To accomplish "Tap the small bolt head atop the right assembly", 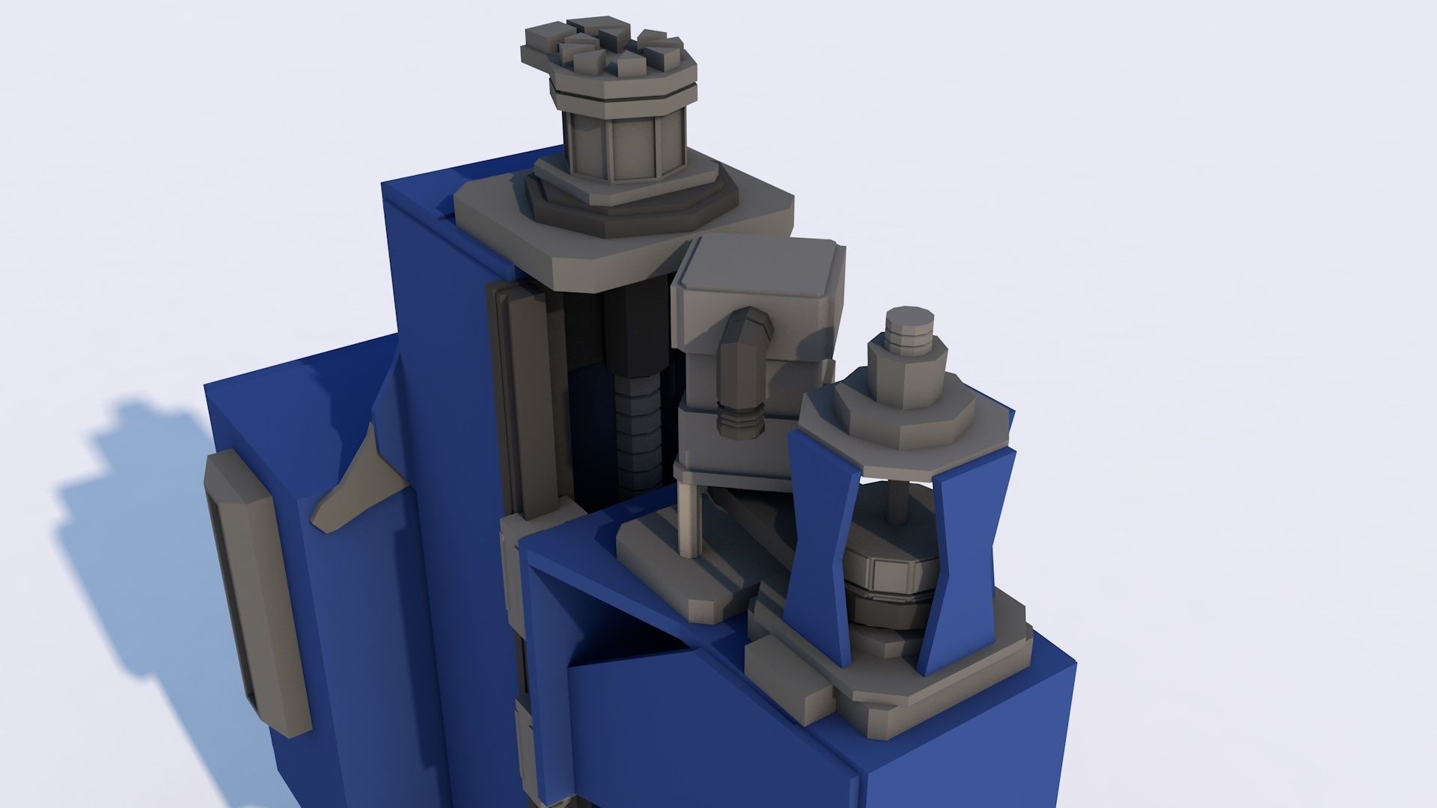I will [x=909, y=327].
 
